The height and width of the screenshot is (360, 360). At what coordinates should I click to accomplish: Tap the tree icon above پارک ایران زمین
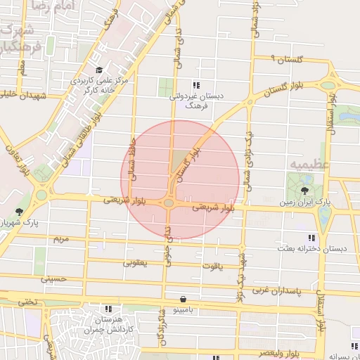(x=304, y=190)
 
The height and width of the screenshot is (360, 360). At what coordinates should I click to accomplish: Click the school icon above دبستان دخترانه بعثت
(x=311, y=238)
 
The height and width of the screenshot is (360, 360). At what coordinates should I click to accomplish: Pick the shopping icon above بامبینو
(x=184, y=298)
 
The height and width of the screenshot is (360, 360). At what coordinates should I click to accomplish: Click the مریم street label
(x=62, y=239)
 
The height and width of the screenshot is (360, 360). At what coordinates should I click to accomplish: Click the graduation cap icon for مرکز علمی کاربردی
(x=99, y=70)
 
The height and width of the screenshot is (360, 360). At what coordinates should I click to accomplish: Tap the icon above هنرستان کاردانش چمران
(x=108, y=308)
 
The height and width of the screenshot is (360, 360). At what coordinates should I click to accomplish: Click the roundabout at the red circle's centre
(x=169, y=203)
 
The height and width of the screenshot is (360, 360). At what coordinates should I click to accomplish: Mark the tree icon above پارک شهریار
(x=18, y=211)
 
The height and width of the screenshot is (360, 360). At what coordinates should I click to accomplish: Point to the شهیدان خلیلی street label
(x=22, y=96)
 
